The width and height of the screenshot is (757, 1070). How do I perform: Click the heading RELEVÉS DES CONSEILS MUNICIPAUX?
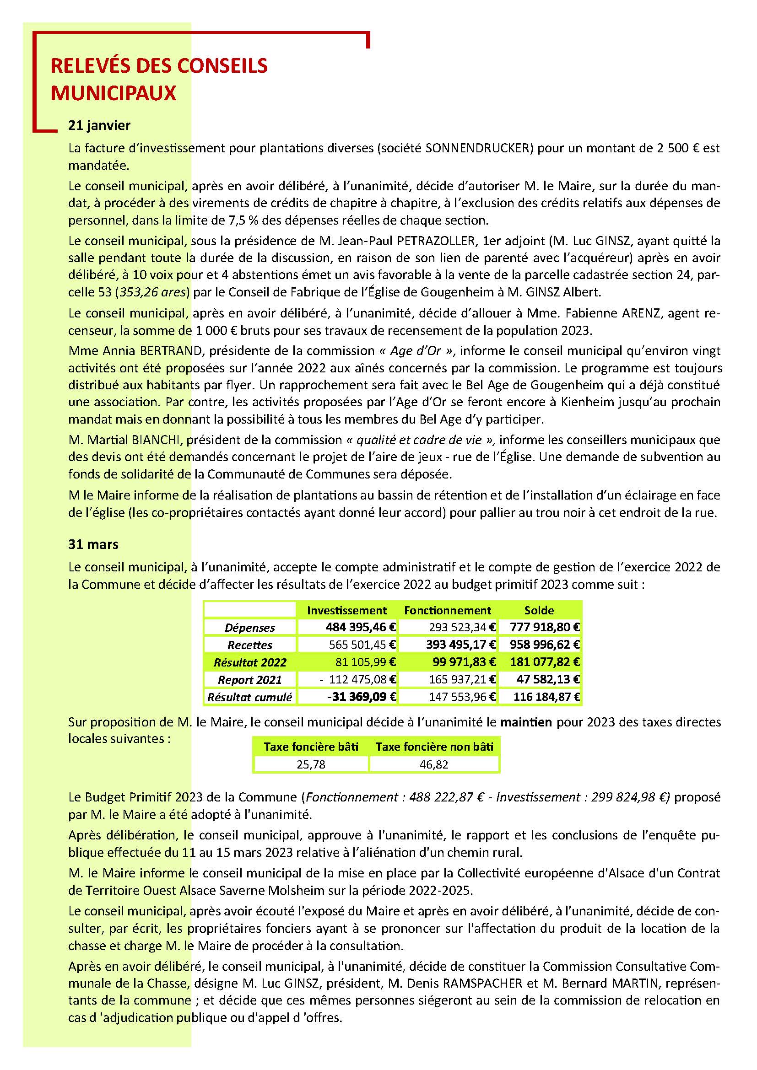coord(159,79)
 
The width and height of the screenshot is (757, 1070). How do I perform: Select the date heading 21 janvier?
coord(99,125)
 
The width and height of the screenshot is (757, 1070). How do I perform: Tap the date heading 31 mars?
coord(93,544)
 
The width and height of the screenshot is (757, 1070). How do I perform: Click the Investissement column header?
coord(347,611)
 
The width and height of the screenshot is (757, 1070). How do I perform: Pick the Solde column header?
coord(539,611)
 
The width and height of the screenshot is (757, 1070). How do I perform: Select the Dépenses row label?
coord(250,628)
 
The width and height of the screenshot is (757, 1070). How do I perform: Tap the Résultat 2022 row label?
coord(250,662)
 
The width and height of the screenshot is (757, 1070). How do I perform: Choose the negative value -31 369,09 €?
coord(362,697)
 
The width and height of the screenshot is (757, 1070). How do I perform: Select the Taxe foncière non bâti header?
coord(434,747)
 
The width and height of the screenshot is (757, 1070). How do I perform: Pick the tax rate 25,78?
coord(311,764)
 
